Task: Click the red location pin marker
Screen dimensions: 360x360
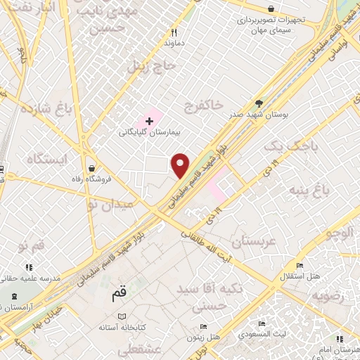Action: [x=181, y=165]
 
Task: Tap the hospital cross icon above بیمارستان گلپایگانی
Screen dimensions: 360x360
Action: [x=149, y=122]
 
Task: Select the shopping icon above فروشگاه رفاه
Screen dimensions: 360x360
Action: [x=93, y=168]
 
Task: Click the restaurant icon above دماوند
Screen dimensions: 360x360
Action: [x=174, y=32]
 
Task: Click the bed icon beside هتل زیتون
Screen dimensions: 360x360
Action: [x=204, y=327]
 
